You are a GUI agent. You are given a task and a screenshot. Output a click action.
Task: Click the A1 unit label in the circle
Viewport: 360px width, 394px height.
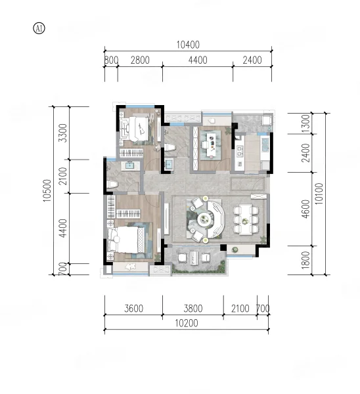click(x=39, y=28)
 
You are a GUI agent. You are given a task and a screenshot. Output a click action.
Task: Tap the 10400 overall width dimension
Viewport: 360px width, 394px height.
click(x=188, y=45)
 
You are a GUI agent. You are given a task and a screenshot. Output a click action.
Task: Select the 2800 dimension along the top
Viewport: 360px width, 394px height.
click(x=140, y=60)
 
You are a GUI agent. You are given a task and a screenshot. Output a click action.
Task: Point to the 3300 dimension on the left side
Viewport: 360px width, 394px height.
click(x=62, y=133)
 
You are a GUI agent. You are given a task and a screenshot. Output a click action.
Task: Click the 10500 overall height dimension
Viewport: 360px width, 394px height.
click(x=47, y=190)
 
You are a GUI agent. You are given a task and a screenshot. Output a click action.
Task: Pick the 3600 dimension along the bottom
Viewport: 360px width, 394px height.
click(x=134, y=309)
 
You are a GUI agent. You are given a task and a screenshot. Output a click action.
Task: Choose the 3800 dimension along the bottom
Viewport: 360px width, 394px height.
click(x=193, y=309)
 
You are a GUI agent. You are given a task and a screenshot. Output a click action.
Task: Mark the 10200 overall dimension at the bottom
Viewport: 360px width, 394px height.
click(x=187, y=323)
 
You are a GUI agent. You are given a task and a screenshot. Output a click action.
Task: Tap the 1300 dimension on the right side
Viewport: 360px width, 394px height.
click(x=305, y=123)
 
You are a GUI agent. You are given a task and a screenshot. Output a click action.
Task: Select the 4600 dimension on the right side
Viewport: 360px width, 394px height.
click(x=305, y=209)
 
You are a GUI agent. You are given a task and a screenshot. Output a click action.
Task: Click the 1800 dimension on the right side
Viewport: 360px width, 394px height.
click(x=305, y=260)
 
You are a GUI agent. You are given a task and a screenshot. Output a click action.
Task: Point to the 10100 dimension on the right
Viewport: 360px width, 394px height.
click(x=319, y=194)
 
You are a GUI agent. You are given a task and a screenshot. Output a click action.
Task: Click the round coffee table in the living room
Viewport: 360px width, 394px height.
click(x=205, y=219)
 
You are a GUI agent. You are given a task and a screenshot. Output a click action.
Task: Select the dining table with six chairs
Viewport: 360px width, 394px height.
click(x=245, y=219)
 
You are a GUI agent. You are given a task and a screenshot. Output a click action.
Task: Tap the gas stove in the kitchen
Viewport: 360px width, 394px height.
click(x=239, y=152)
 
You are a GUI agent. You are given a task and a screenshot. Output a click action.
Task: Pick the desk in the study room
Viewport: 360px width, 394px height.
click(x=211, y=144)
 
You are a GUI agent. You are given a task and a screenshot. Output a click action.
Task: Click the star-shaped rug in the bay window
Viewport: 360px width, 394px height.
click(x=131, y=266)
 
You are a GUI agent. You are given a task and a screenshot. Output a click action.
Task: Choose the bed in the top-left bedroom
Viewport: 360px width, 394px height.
click(x=138, y=129)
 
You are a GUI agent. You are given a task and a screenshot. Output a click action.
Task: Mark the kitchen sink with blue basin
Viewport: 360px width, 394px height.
click(x=265, y=145)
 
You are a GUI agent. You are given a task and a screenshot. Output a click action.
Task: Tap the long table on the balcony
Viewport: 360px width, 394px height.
click(x=193, y=258)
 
